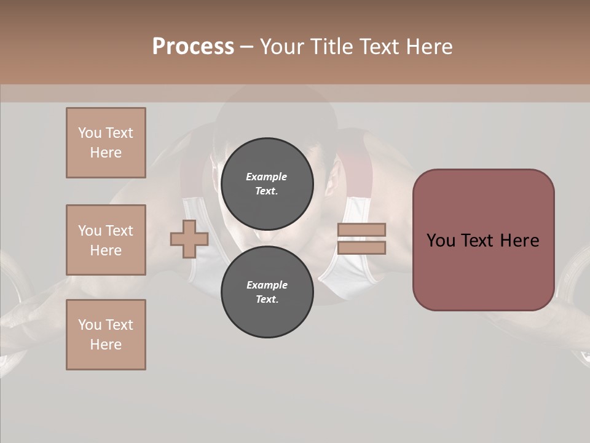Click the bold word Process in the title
(193, 46)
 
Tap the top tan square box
(106, 143)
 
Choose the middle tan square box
(106, 240)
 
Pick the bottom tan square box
(106, 335)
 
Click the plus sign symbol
(189, 239)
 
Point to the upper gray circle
(267, 183)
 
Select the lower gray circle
(267, 292)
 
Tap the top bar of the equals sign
(361, 230)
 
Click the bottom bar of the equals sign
(361, 248)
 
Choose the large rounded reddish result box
(483, 240)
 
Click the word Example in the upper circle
(267, 177)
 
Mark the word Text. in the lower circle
(267, 299)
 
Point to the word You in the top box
(89, 133)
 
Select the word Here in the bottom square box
(106, 345)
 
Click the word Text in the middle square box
(119, 231)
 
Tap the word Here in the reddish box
(519, 241)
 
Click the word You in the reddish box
(441, 241)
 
